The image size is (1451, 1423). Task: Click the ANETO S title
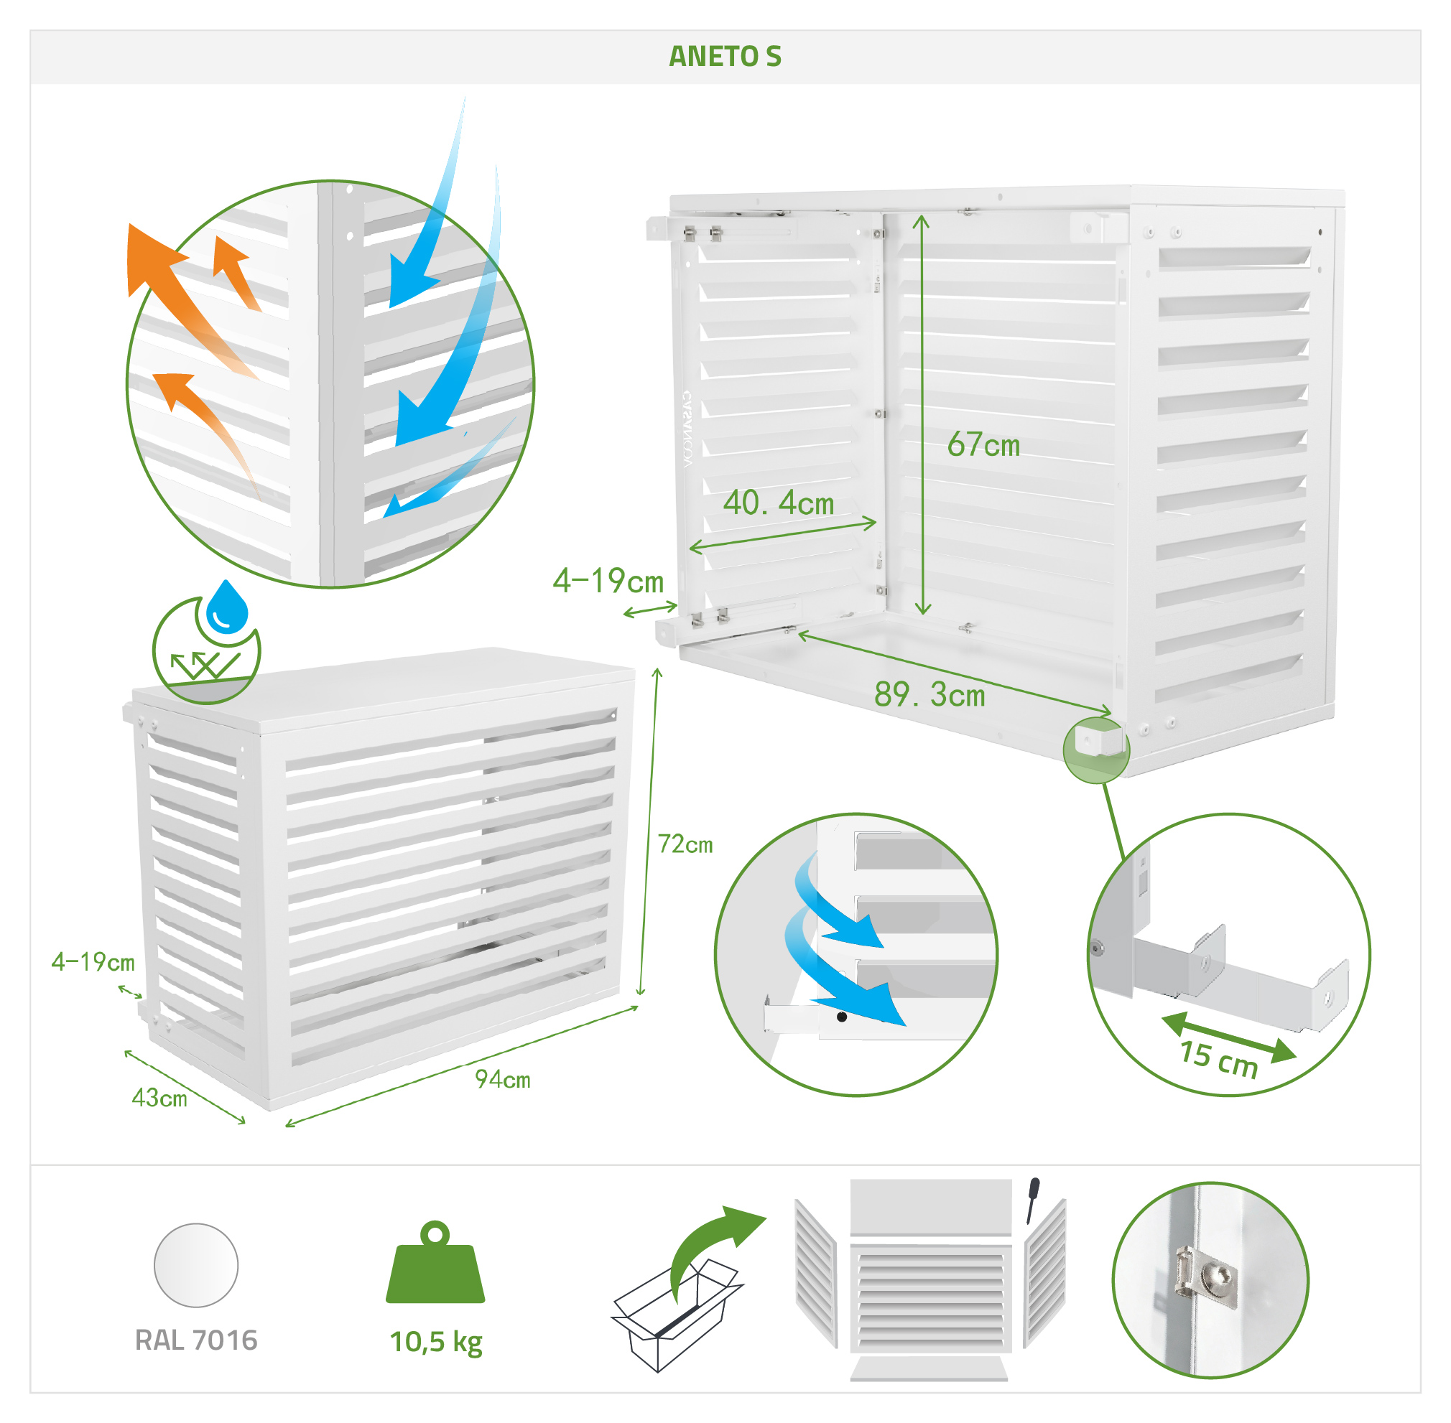pyautogui.click(x=724, y=57)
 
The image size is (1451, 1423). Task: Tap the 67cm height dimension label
pyautogui.click(x=983, y=444)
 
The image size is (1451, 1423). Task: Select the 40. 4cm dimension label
pyautogui.click(x=778, y=503)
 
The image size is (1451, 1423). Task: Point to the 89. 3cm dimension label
pyautogui.click(x=930, y=694)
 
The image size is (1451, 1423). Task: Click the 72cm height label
pyautogui.click(x=685, y=844)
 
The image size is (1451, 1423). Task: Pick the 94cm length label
pyautogui.click(x=502, y=1079)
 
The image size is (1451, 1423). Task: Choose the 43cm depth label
pyautogui.click(x=159, y=1098)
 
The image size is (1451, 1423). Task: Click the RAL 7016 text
pyautogui.click(x=196, y=1340)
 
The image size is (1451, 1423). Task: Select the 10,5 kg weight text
pyautogui.click(x=436, y=1343)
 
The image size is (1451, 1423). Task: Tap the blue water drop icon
pyautogui.click(x=226, y=607)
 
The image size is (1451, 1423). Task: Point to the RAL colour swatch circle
pyautogui.click(x=196, y=1265)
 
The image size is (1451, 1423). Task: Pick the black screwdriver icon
pyautogui.click(x=1032, y=1200)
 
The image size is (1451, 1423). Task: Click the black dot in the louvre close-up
pyautogui.click(x=842, y=1017)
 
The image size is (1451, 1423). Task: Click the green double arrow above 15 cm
pyautogui.click(x=1229, y=1037)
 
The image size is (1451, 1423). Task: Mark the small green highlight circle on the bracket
pyautogui.click(x=1095, y=750)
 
